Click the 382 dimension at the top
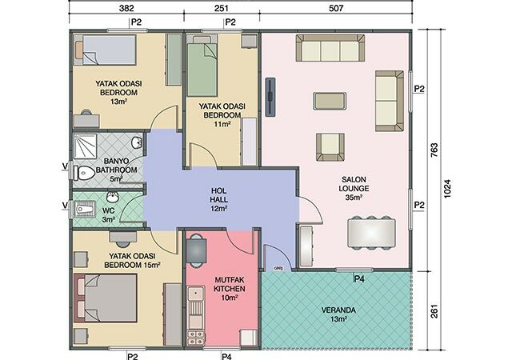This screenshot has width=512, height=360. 126,7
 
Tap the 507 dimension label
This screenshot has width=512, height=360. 336,7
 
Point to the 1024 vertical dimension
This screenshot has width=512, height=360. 447,189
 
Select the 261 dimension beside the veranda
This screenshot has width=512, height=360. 434,311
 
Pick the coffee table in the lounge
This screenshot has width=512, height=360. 330,101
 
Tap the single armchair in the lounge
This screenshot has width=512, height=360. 330,146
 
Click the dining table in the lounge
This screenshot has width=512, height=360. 371,233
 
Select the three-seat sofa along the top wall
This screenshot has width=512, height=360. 330,48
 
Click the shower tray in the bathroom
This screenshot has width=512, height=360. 85,146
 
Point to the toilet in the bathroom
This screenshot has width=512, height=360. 84,173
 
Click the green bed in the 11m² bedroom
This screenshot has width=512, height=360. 202,66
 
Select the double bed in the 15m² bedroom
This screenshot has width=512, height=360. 106,298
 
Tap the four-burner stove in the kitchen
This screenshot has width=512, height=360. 195,338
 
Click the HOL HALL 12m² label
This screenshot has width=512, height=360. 218,200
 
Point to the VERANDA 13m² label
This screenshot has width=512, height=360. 338,314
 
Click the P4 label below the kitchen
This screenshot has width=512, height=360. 226,356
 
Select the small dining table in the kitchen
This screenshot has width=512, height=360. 196,251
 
